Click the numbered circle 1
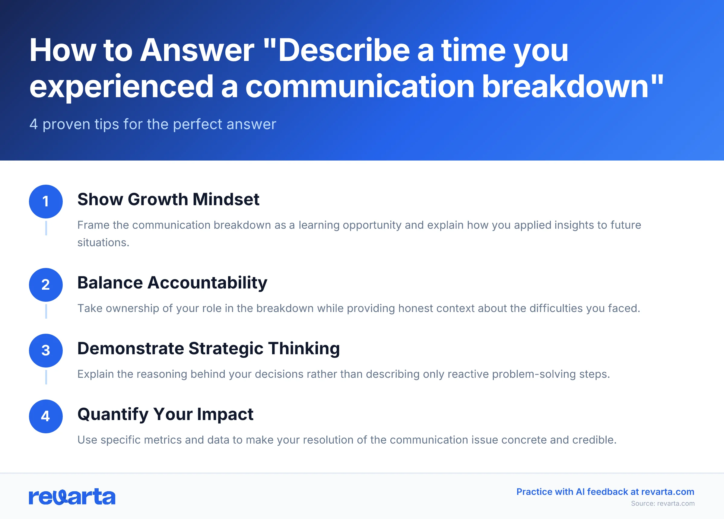point(46,202)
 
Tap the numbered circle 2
point(46,285)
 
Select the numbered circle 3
point(46,350)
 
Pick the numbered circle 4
point(46,416)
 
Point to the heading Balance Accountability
point(172,283)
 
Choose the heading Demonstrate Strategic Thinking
point(208,349)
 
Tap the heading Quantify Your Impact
point(165,414)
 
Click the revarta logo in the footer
point(72,497)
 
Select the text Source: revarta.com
point(662,503)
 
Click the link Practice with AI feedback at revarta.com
point(605,492)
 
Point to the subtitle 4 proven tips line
point(153,124)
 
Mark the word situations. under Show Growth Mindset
point(103,242)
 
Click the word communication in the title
point(360,86)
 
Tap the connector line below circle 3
point(46,377)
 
